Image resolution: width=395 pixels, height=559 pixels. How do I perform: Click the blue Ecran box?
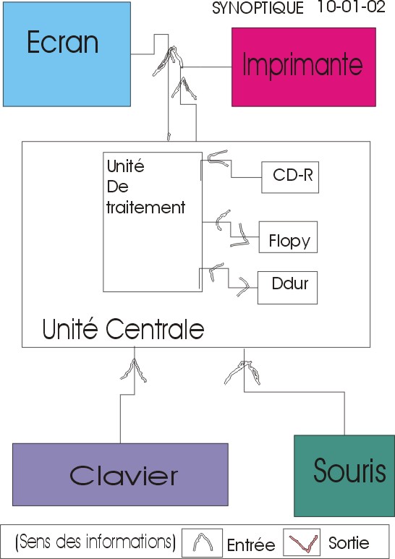point(67,54)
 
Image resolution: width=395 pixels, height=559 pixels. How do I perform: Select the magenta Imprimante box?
point(304,67)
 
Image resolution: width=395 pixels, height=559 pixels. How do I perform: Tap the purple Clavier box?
point(120,474)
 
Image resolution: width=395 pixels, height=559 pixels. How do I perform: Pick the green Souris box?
point(344,476)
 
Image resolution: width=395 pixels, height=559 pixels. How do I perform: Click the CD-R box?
point(290,177)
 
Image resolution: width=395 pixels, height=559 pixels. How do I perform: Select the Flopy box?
point(288,237)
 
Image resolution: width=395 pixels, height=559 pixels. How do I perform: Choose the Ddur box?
point(287,288)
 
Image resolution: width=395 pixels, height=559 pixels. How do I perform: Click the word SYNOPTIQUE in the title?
point(258,8)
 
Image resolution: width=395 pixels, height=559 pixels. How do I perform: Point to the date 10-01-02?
point(351,7)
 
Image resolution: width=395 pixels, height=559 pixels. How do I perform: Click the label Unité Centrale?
point(123,329)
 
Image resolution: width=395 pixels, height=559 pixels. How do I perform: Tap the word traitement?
point(146,208)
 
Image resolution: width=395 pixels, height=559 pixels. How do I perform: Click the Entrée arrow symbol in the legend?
point(203,542)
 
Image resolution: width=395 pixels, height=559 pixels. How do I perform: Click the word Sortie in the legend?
point(349,543)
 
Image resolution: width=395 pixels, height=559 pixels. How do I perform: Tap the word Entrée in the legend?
point(251,545)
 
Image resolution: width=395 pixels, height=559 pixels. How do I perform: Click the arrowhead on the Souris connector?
point(243,372)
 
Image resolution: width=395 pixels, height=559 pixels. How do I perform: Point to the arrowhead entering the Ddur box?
point(244,286)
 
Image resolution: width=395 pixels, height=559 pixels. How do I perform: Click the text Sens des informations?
point(96,542)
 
